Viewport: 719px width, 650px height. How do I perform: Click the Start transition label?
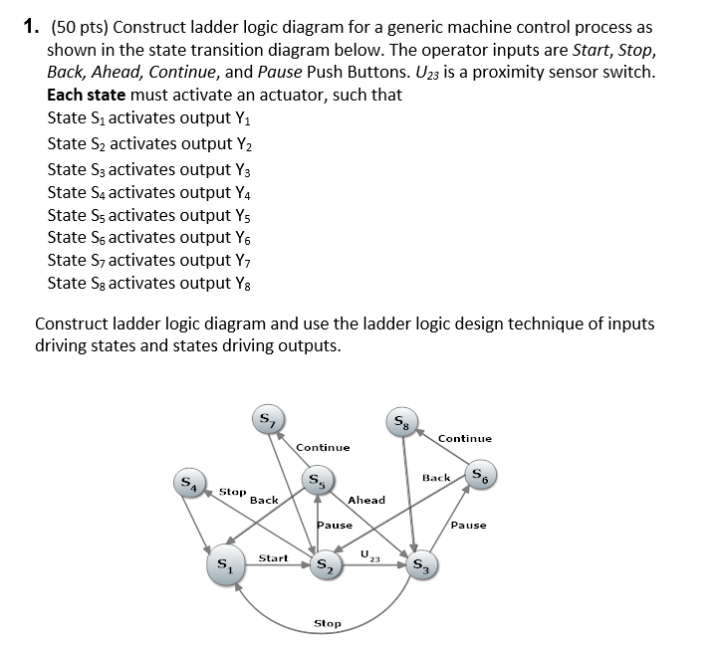[x=273, y=558]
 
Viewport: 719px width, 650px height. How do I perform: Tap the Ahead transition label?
[x=366, y=500]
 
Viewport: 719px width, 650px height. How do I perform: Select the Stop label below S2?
[x=328, y=623]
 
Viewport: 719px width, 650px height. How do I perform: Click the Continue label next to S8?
[x=464, y=438]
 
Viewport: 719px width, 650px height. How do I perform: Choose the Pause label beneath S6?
[x=468, y=525]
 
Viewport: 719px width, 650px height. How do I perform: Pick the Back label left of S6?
[x=437, y=478]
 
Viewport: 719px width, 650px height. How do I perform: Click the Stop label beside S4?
[x=232, y=491]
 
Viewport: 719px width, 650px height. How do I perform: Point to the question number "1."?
[x=30, y=28]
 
